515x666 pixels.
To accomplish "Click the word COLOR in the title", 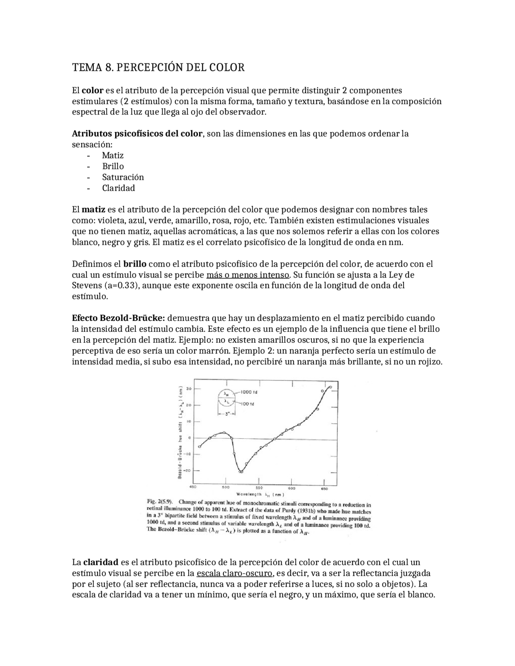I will (x=227, y=68).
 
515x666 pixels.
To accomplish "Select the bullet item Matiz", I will (x=113, y=156).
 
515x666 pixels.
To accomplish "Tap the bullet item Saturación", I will (x=123, y=177).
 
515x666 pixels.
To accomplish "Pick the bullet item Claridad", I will (x=118, y=188).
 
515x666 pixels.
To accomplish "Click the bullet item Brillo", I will (x=113, y=166).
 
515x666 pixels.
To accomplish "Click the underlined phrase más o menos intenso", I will (x=247, y=275).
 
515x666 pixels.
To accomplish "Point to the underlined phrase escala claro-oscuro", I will (x=234, y=573).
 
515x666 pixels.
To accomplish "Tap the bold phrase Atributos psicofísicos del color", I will (x=137, y=134).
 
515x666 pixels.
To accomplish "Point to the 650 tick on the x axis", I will (x=324, y=489).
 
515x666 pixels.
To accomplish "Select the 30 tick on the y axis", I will (x=188, y=389).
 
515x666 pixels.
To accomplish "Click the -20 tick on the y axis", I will (x=187, y=470).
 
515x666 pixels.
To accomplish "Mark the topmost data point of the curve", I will (x=330, y=387).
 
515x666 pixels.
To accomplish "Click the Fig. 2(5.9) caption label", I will (x=160, y=502).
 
